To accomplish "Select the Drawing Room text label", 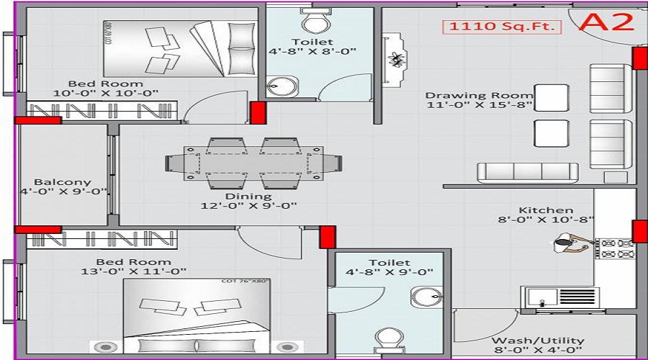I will (479, 95).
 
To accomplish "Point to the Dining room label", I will (248, 196).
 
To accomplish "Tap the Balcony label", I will (63, 182).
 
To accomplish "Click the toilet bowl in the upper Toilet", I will (314, 22).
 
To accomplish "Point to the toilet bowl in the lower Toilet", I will (389, 338).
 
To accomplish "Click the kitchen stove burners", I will (616, 248).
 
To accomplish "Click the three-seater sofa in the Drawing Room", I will (528, 173).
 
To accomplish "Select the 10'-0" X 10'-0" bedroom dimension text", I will (106, 93).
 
